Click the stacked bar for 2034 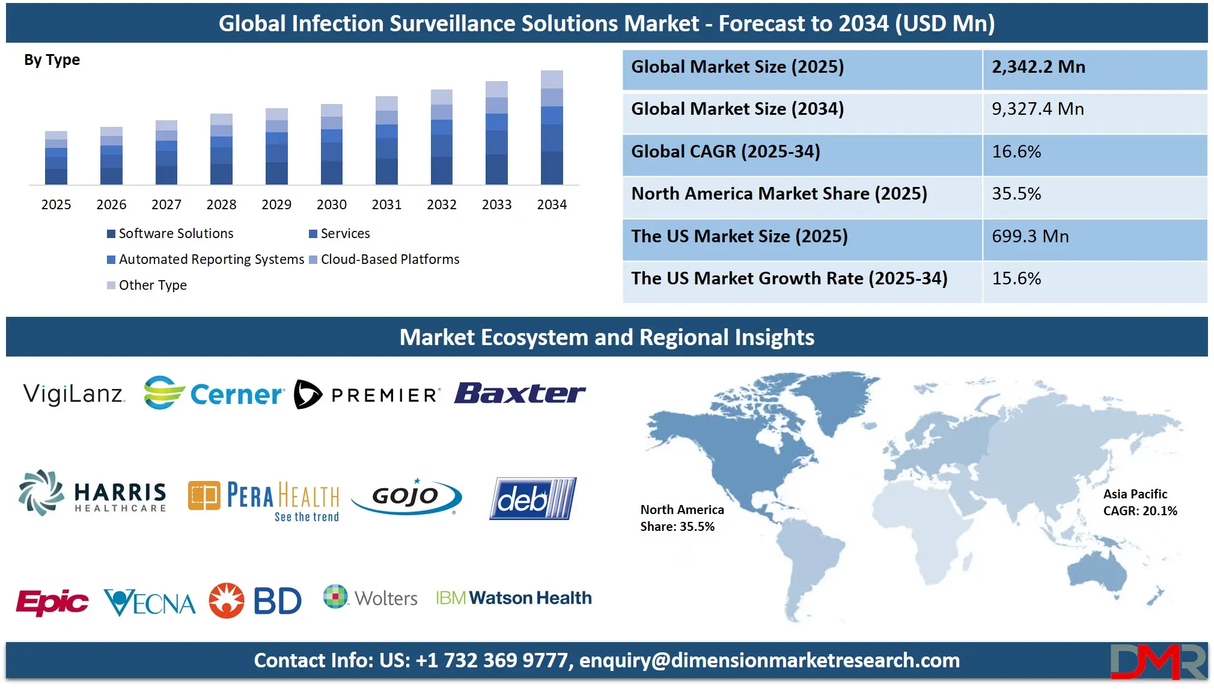pos(552,127)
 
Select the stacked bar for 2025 pos(56,158)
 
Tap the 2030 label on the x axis pos(331,205)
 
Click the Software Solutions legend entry pos(170,234)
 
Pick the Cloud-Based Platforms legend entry pos(385,260)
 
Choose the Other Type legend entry pos(147,286)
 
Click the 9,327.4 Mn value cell pos(1038,109)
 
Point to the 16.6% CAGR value pos(1016,152)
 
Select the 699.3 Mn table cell pos(1030,237)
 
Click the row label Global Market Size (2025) pos(737,67)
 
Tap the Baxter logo pos(520,394)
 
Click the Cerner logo pos(213,394)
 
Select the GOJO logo pos(407,497)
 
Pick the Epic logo pos(52,601)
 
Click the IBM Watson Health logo pos(514,598)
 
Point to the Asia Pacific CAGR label pos(1139,503)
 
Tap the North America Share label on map pos(682,518)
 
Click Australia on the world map pos(1097,571)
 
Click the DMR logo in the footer pos(1158,661)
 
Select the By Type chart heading pos(52,60)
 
